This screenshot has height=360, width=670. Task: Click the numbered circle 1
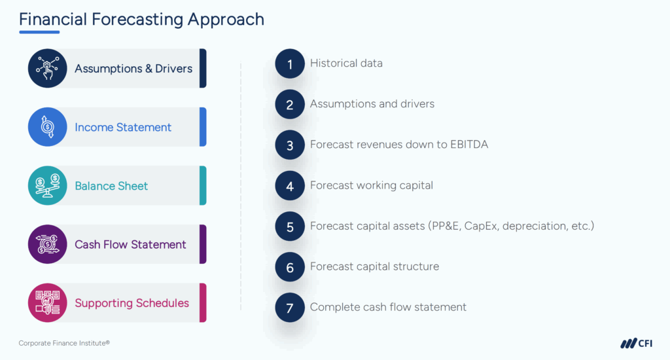(x=290, y=63)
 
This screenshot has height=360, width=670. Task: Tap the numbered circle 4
(x=290, y=185)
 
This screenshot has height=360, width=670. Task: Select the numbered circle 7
(x=290, y=308)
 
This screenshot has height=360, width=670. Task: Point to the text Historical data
(x=346, y=63)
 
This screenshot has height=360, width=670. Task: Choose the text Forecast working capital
(x=371, y=185)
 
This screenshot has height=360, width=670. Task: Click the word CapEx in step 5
(x=482, y=226)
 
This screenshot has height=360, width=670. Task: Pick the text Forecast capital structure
(x=374, y=266)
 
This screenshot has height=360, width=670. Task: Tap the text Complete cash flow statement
(x=388, y=307)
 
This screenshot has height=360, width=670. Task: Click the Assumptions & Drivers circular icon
(x=48, y=68)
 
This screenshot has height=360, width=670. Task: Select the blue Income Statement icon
(x=48, y=127)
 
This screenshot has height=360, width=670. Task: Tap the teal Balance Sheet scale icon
(x=48, y=185)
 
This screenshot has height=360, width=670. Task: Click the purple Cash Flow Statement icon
(x=48, y=244)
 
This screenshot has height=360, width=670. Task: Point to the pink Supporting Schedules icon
(x=48, y=302)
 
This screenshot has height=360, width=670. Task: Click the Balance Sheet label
(x=111, y=186)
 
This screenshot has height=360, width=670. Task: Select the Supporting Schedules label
(x=132, y=303)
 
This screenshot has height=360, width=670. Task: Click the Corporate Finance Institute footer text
(x=64, y=343)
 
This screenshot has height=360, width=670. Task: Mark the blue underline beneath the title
(x=39, y=32)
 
